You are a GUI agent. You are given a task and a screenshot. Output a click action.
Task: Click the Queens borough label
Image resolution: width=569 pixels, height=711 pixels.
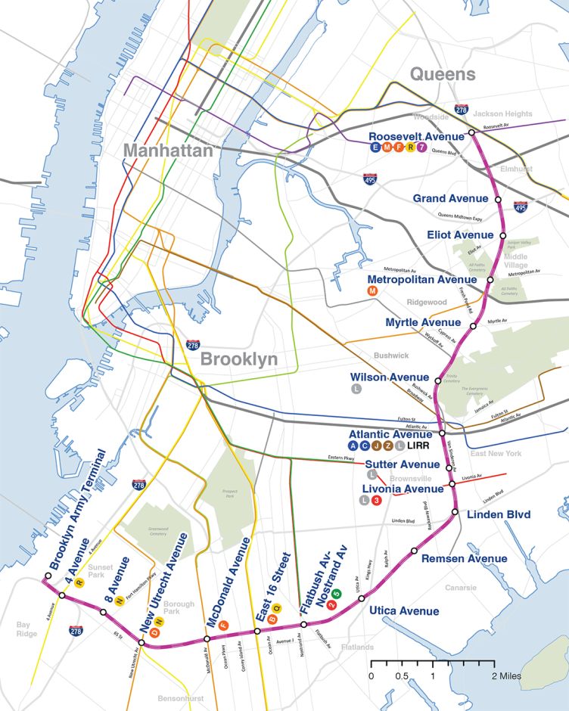443,74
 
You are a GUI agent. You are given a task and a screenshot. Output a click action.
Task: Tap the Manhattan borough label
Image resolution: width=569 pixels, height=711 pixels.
168,151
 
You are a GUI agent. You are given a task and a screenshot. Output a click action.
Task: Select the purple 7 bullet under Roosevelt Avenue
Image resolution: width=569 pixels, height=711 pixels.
432,147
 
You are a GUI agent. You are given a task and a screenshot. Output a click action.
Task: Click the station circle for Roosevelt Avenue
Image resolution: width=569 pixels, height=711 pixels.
471,133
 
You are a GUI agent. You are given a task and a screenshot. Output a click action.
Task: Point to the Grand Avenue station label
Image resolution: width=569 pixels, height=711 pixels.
450,198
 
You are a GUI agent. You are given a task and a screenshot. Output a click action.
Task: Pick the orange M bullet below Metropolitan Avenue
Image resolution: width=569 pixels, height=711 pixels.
372,291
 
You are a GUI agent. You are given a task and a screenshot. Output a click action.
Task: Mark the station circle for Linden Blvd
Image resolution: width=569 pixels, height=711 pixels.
456,512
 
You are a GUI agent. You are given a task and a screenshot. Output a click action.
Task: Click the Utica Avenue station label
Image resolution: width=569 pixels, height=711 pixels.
404,610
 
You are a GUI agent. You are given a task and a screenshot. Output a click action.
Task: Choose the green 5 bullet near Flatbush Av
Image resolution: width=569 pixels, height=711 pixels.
337,593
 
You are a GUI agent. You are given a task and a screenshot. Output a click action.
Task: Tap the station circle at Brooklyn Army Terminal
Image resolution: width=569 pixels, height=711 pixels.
46,576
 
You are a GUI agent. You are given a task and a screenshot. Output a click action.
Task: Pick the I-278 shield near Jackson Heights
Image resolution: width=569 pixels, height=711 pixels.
460,110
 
